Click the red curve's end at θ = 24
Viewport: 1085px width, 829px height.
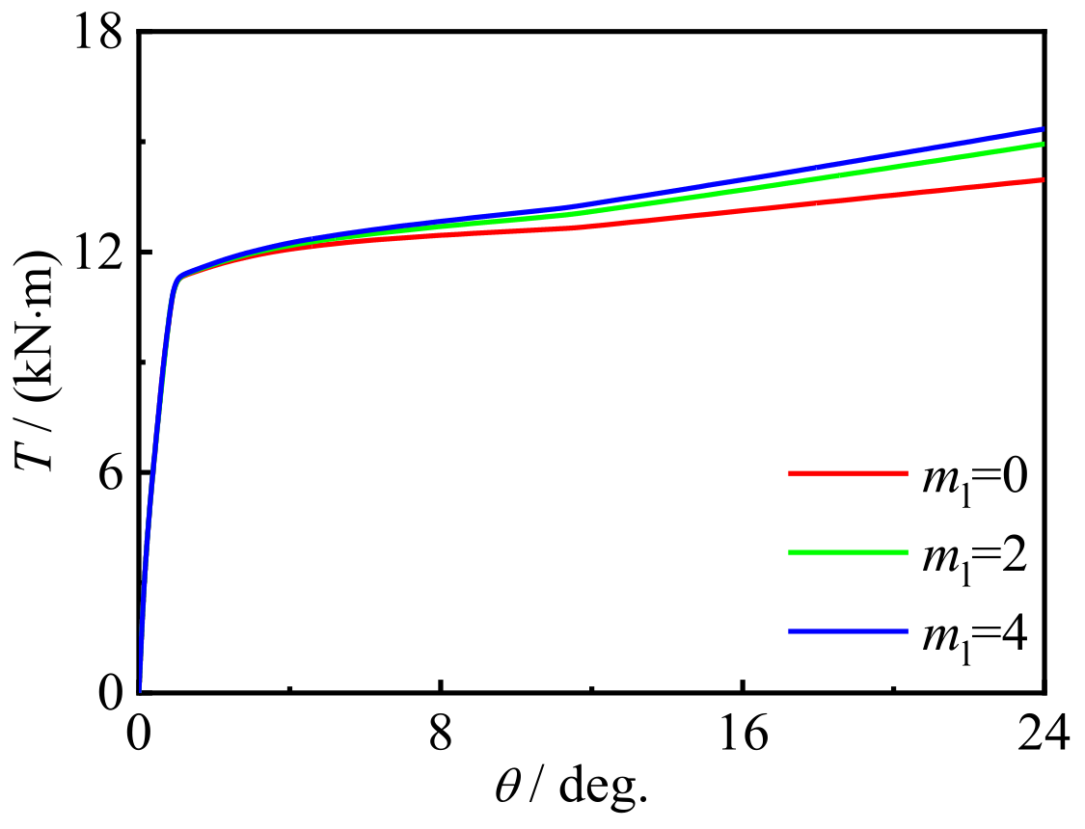click(x=1042, y=180)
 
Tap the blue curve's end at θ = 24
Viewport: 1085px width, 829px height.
click(x=1042, y=129)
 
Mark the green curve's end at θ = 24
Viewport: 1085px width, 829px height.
click(x=1042, y=145)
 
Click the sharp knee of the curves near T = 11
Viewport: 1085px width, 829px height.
click(x=177, y=279)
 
